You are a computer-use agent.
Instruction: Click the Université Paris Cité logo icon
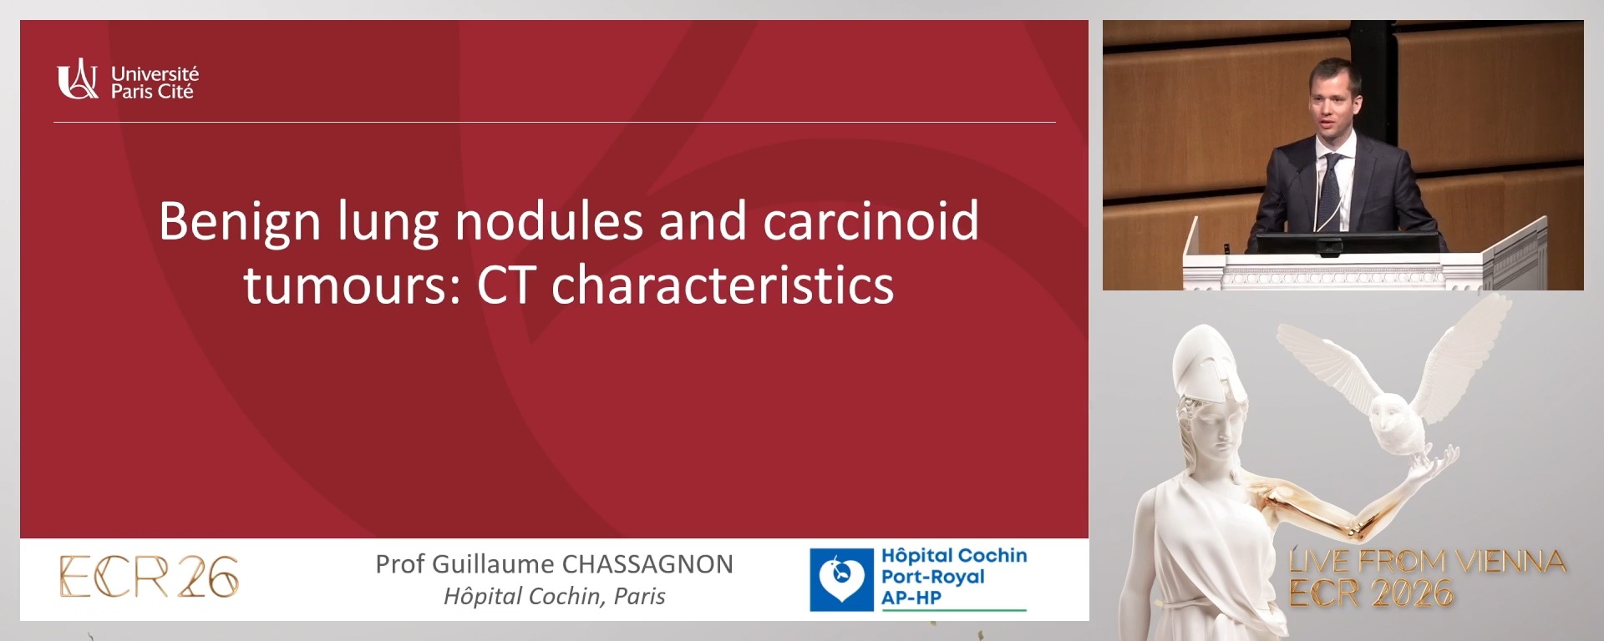[77, 80]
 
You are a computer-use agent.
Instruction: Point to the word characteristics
[722, 286]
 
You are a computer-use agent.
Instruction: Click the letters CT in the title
[507, 286]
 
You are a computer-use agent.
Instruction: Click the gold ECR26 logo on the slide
[149, 577]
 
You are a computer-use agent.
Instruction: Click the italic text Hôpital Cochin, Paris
[554, 596]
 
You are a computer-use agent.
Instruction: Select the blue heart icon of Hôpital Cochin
[840, 579]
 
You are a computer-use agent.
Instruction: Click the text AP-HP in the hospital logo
[911, 598]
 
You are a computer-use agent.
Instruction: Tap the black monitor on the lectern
[1346, 243]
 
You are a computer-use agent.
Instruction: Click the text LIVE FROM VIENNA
[1426, 561]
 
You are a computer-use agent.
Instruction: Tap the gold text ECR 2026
[1370, 593]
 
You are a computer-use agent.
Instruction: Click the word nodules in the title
[549, 221]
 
